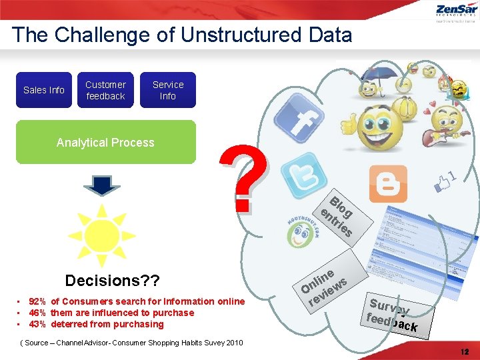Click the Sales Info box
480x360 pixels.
pos(43,90)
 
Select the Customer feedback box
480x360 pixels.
pos(105,90)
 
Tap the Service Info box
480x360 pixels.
pos(167,90)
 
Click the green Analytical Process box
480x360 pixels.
pos(105,142)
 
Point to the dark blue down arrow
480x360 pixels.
pos(101,185)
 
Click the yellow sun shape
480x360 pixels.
pos(101,235)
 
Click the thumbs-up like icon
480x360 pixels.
pos(443,179)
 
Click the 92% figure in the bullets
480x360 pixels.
pos(37,301)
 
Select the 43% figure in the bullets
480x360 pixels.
pos(37,324)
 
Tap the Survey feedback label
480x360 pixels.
pos(393,314)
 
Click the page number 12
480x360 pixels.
pos(464,351)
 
